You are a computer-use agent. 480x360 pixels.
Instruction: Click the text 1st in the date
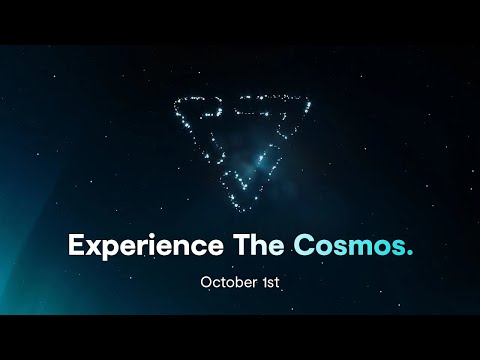pyautogui.click(x=269, y=282)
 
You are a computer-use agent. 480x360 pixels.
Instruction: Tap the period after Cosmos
pyautogui.click(x=408, y=252)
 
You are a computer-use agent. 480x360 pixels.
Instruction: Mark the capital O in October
pyautogui.click(x=206, y=282)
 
